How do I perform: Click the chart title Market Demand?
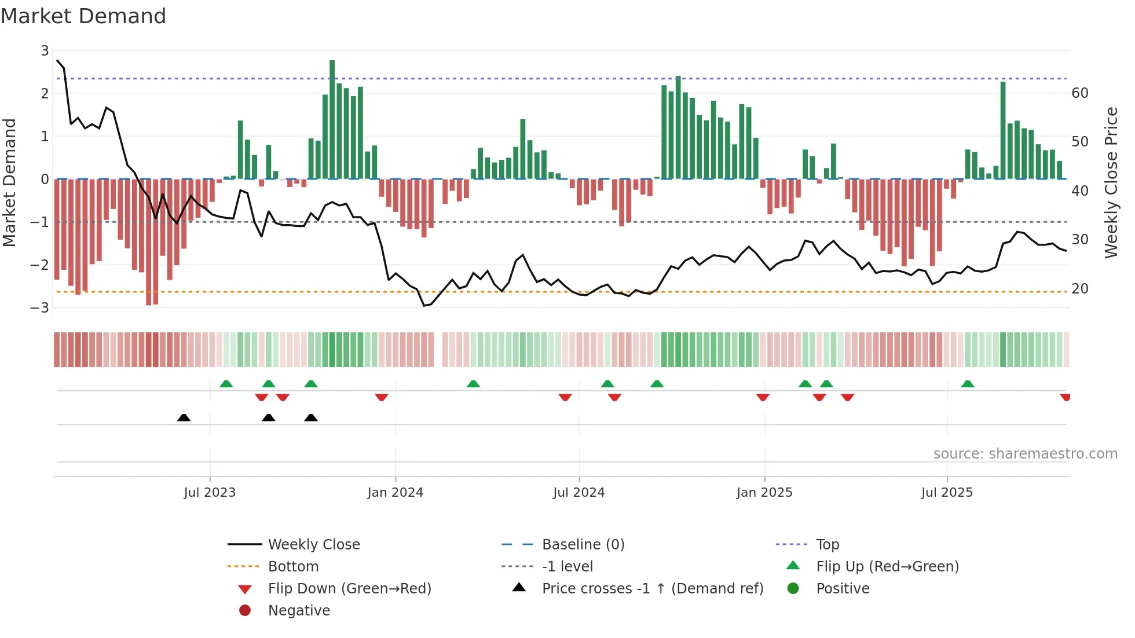[83, 16]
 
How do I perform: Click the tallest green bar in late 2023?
[332, 119]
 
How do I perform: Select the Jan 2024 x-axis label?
[395, 493]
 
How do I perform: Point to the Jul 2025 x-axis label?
[947, 493]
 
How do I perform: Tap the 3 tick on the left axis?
[45, 51]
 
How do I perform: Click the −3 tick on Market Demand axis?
[40, 307]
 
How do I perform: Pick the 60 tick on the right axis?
[1080, 93]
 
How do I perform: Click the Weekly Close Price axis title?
[1111, 182]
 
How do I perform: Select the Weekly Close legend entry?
[313, 545]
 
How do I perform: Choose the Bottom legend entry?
[293, 567]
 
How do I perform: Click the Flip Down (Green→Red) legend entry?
[349, 589]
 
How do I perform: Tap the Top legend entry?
[827, 545]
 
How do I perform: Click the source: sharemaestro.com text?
[1025, 454]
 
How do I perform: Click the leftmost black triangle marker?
[184, 417]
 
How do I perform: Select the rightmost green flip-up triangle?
[967, 384]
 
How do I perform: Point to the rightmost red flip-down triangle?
[1064, 397]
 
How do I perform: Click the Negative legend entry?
[299, 611]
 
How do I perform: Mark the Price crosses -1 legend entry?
[652, 589]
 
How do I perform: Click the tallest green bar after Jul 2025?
[1003, 130]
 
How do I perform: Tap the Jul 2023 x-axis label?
[210, 493]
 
